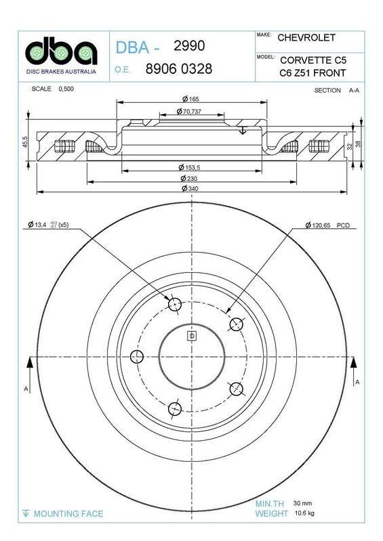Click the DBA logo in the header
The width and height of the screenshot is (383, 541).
tap(60, 51)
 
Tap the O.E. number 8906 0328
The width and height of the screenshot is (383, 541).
tap(179, 69)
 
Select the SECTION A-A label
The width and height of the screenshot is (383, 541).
tap(336, 90)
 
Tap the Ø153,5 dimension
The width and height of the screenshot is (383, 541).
tap(192, 167)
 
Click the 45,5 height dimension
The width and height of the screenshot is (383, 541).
tap(25, 144)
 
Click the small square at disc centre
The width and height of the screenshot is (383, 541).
tap(192, 336)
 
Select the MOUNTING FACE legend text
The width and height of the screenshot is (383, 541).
tap(68, 514)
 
